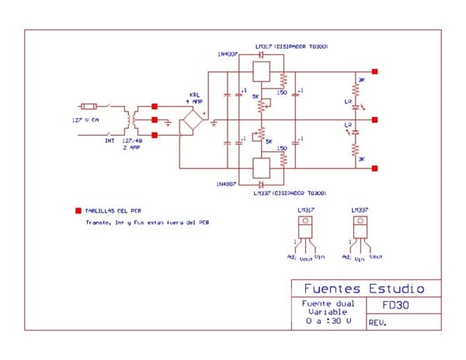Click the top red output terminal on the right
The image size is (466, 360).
(x=375, y=71)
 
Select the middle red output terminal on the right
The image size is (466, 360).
(x=375, y=120)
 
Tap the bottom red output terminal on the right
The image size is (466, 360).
(x=375, y=168)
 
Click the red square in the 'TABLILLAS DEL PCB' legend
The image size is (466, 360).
(x=78, y=210)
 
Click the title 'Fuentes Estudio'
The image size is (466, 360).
(x=359, y=287)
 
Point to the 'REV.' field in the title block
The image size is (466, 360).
(x=378, y=322)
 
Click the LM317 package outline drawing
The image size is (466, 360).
(x=306, y=230)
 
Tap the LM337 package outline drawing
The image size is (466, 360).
(x=360, y=230)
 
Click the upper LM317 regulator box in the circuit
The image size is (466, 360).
(x=262, y=71)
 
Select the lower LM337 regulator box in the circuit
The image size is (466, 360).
(x=262, y=168)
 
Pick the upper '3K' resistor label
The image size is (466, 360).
(x=361, y=80)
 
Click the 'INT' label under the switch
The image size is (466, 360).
(x=110, y=140)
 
